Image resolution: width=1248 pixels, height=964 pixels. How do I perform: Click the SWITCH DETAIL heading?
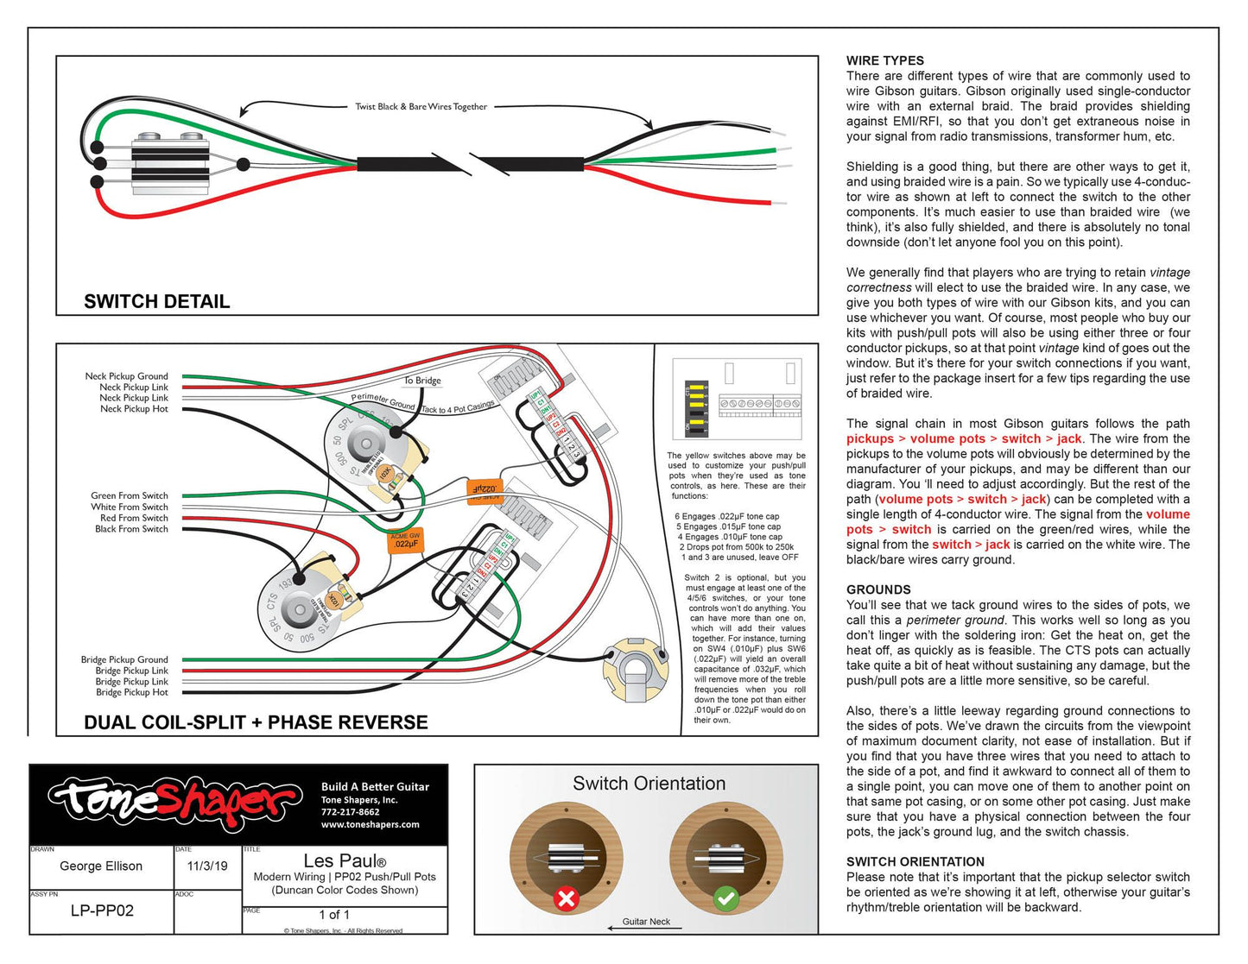156,301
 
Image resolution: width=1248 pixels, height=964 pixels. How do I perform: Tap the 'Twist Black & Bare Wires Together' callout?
421,107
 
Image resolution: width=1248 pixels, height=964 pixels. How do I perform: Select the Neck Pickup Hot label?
134,409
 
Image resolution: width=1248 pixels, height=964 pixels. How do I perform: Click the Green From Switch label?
130,495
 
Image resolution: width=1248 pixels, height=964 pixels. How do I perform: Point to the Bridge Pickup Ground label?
124,659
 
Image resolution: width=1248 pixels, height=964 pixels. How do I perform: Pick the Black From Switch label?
131,529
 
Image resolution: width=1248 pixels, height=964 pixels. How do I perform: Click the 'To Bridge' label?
422,381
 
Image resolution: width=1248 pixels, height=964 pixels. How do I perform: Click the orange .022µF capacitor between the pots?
405,540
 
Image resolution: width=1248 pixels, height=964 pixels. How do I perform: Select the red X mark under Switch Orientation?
567,898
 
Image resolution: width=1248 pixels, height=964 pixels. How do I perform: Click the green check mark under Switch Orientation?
725,898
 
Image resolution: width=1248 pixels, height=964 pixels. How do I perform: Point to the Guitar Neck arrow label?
646,922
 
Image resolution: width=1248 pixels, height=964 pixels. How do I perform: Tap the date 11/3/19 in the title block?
207,866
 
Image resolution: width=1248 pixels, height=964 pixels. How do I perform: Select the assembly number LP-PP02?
102,910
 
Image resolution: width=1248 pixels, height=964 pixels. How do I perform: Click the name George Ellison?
101,866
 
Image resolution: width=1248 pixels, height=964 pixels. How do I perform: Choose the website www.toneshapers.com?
370,824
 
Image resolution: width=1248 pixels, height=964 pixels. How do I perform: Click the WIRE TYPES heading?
884,60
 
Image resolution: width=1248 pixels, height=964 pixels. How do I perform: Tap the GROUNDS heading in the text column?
878,589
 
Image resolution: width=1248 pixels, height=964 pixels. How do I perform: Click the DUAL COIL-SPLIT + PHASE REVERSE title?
256,722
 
